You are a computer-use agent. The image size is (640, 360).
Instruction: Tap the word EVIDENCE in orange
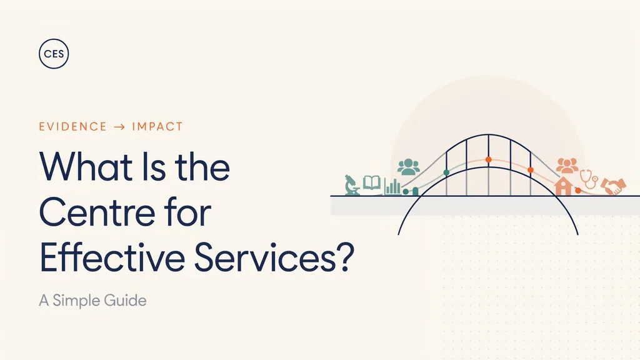tap(73, 126)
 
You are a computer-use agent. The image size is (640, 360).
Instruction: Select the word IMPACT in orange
tap(157, 126)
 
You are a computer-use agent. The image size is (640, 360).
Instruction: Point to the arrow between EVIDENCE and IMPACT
tap(119, 127)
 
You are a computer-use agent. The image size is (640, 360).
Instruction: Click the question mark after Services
tap(345, 257)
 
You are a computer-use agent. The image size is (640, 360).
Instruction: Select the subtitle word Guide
tap(125, 301)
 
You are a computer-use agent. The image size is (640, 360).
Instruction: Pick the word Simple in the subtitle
tap(76, 301)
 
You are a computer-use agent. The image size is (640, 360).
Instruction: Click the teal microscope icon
tap(352, 185)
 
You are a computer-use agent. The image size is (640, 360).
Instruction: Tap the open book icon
tap(372, 182)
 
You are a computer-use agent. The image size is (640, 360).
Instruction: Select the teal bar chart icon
tap(392, 187)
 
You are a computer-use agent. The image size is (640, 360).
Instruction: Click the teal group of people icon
tap(409, 167)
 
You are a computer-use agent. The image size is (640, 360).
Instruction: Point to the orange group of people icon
tap(567, 166)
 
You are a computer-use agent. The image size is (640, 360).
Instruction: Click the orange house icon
tap(563, 186)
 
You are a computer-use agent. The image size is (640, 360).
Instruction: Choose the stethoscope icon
tap(589, 179)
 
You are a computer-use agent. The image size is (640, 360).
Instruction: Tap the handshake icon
tap(614, 186)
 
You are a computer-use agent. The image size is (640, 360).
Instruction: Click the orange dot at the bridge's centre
tap(489, 159)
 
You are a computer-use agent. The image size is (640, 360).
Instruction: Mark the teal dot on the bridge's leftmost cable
tap(446, 172)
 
